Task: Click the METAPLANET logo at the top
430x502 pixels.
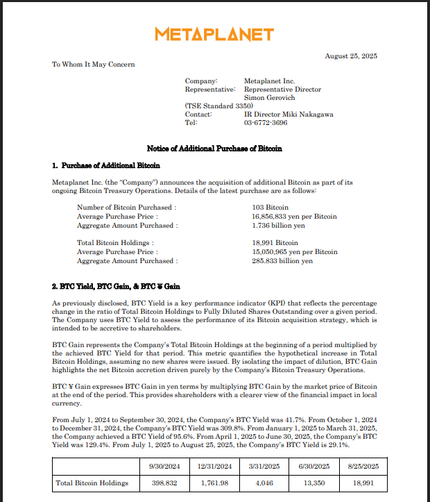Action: click(x=214, y=34)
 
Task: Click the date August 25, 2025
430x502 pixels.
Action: click(x=351, y=56)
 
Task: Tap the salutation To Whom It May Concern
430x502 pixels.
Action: click(x=94, y=65)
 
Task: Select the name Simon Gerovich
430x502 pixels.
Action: click(x=270, y=98)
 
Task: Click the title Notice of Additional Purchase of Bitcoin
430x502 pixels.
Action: click(x=214, y=149)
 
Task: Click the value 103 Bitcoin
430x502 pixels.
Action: click(x=270, y=208)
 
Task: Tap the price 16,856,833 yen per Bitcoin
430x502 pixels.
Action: click(x=294, y=217)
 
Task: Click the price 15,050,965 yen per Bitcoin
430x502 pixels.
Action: click(x=294, y=252)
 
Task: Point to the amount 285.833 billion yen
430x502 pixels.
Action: click(x=282, y=261)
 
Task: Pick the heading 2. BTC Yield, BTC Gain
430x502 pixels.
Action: click(x=116, y=287)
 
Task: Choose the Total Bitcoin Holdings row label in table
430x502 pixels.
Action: click(x=92, y=483)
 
